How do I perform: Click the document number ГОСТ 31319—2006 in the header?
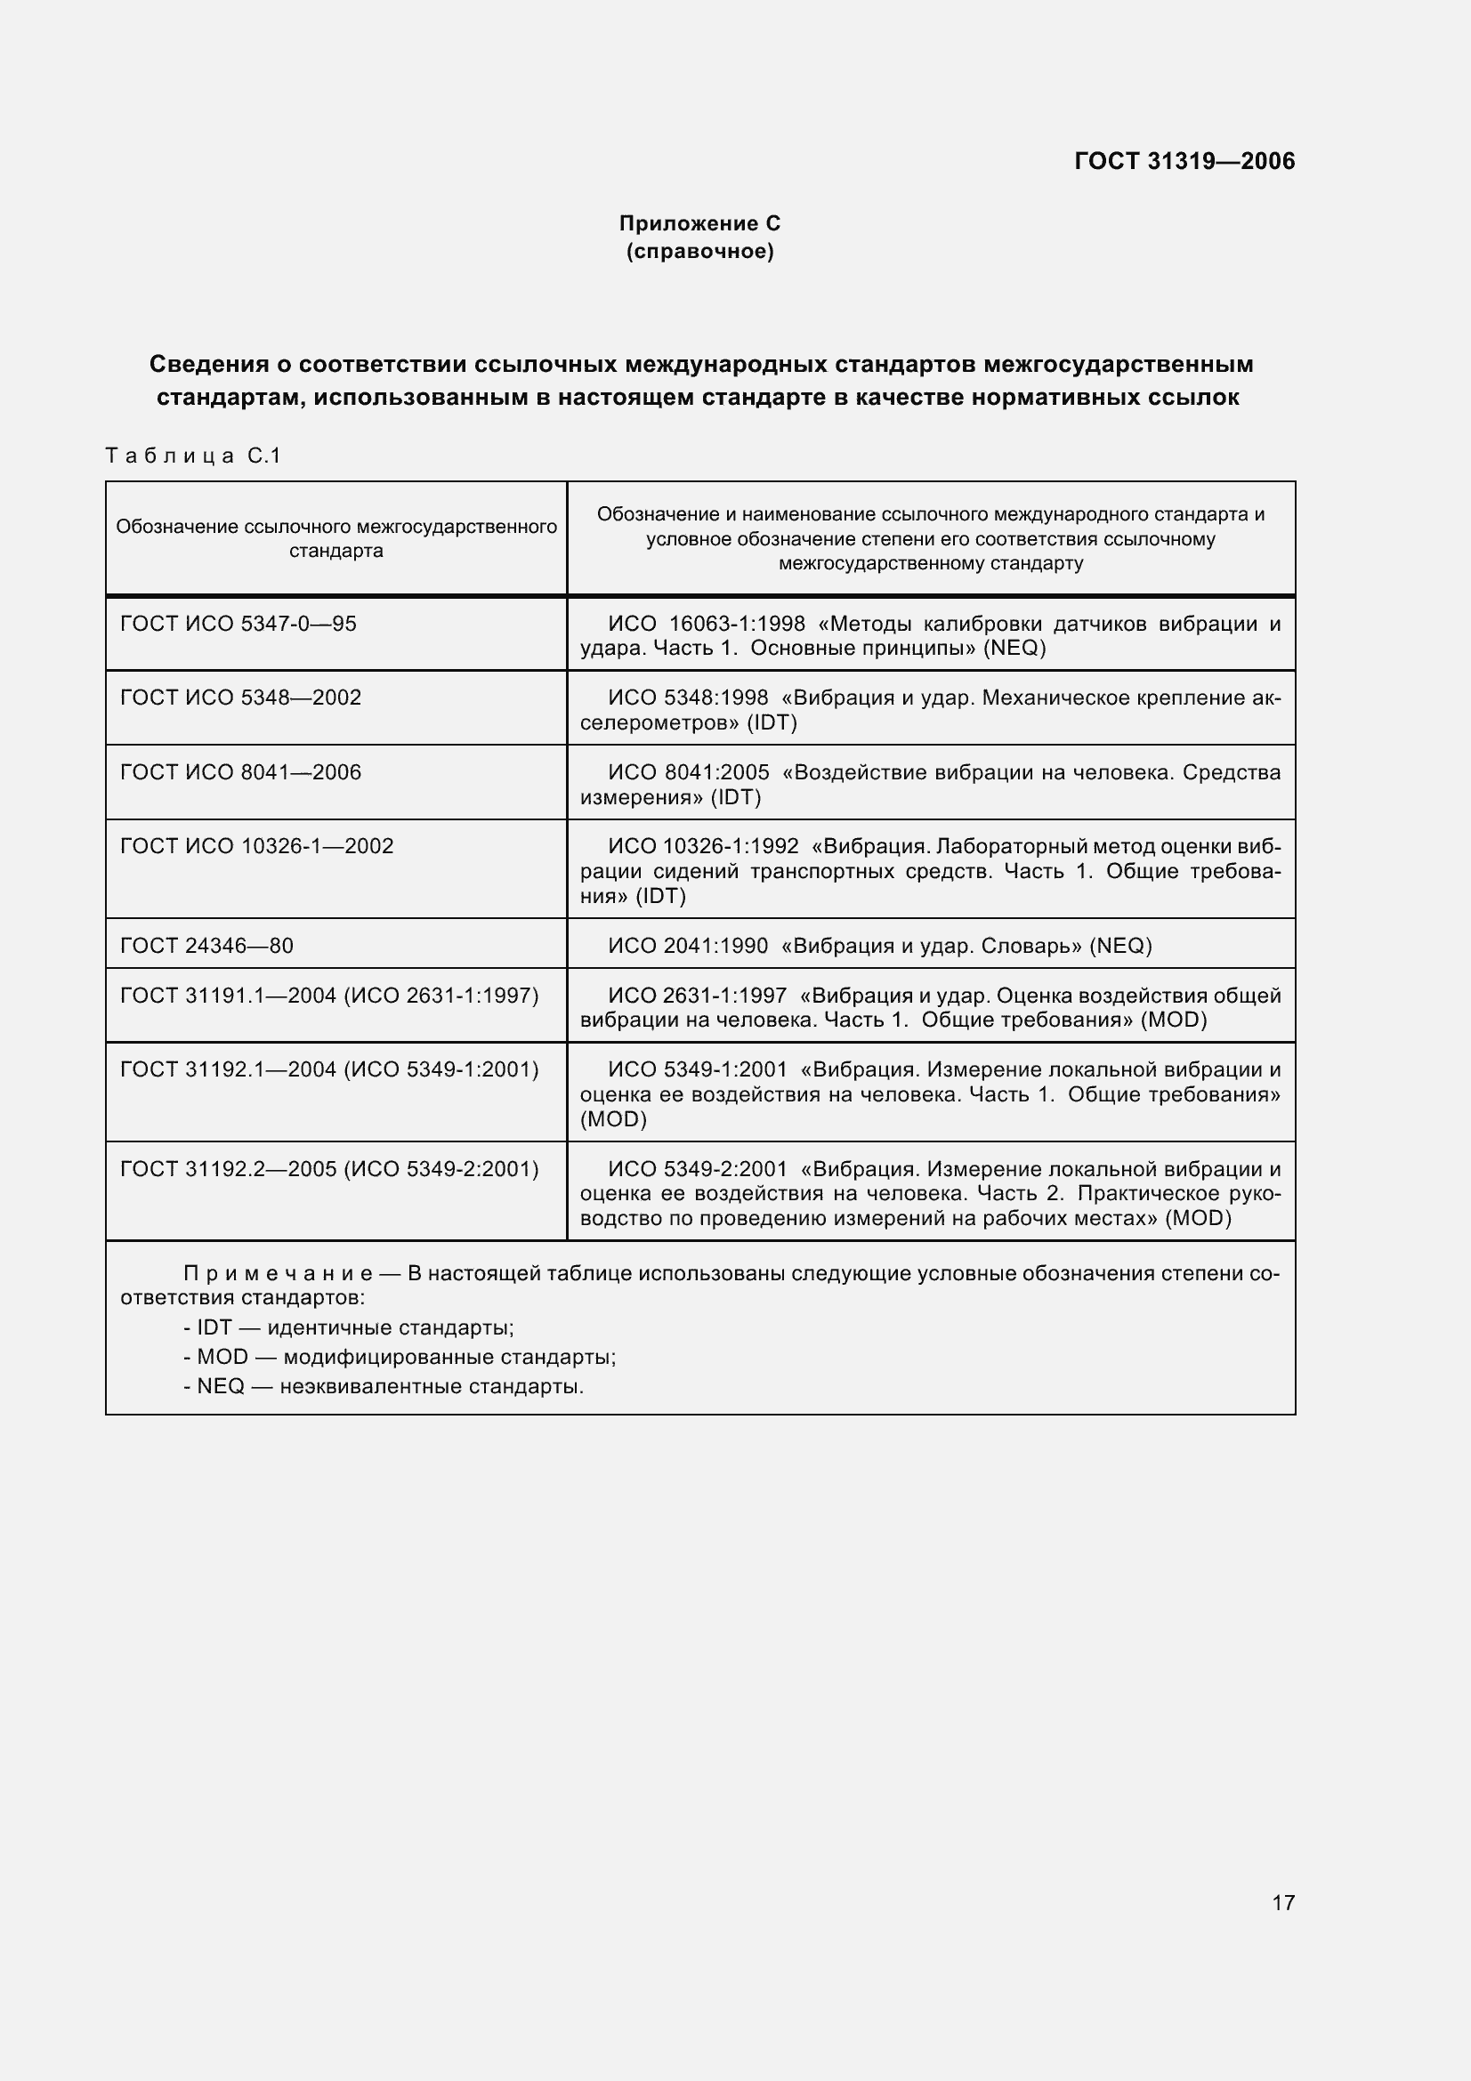pos(1184,161)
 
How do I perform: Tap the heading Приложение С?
pos(699,223)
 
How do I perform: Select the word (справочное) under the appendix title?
pos(699,251)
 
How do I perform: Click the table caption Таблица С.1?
pos(193,455)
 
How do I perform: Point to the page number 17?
pos(1282,1901)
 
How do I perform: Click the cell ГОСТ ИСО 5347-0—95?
pos(238,624)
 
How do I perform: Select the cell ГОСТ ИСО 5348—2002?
pos(240,697)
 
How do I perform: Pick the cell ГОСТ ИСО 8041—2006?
pos(240,772)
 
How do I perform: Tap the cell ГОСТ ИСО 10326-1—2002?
pos(256,845)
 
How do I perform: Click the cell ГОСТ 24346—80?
pos(206,946)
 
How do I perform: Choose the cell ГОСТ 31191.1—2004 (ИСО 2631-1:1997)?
pos(329,996)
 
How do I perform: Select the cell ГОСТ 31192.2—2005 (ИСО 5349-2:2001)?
pos(329,1169)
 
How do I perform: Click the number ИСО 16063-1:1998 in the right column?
pos(706,624)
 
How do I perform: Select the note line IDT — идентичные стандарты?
pos(349,1327)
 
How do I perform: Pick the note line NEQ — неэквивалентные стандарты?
pos(384,1386)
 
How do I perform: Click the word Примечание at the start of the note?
pos(278,1273)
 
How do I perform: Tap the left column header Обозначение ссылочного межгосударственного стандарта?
pos(336,538)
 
